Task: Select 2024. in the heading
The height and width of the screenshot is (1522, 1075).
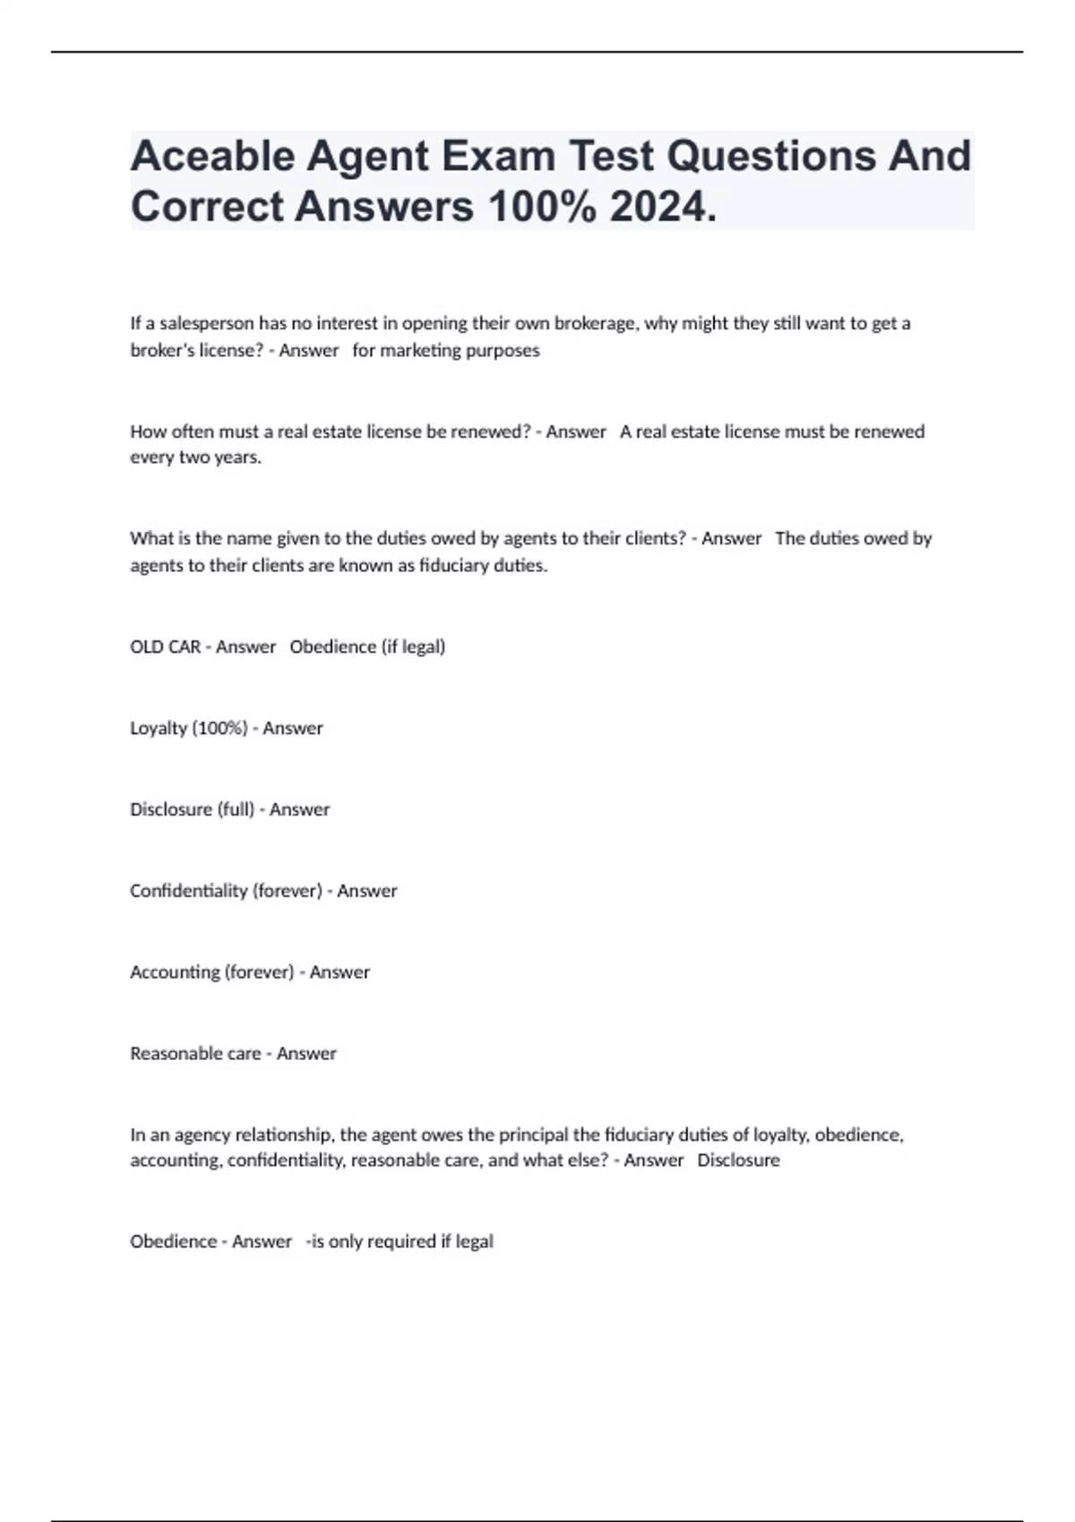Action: [663, 207]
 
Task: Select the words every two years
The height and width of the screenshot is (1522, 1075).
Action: [195, 457]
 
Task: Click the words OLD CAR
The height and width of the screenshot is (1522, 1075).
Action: [165, 646]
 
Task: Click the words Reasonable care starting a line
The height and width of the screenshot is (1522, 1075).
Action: [195, 1054]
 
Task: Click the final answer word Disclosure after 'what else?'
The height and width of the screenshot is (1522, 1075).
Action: [738, 1160]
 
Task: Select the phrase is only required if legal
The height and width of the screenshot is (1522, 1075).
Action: [401, 1242]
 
